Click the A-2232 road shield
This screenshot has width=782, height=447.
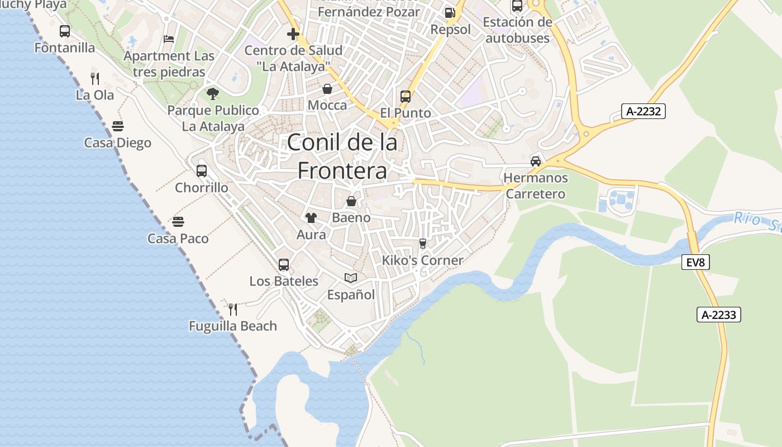click(x=643, y=111)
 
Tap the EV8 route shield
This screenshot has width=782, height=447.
click(x=695, y=262)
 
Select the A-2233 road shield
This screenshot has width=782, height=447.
click(x=718, y=315)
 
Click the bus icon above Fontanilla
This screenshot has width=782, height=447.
click(x=65, y=31)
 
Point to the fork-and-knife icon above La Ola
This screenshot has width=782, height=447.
click(x=95, y=78)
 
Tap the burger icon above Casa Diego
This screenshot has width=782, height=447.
click(x=117, y=126)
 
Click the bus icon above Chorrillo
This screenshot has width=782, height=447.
click(x=202, y=171)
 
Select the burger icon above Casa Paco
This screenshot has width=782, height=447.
click(x=178, y=222)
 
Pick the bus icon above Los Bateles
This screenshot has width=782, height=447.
click(x=284, y=265)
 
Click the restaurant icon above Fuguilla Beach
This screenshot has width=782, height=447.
click(x=233, y=309)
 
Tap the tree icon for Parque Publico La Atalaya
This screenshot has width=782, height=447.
click(x=213, y=94)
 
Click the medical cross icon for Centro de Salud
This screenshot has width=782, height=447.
click(x=293, y=35)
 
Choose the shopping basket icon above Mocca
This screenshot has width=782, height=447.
click(x=327, y=89)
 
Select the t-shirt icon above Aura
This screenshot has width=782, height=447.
click(x=311, y=218)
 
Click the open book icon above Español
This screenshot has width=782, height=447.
click(x=351, y=278)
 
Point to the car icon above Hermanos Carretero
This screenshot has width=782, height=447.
click(x=535, y=161)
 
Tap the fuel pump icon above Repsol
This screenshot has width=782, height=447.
click(x=450, y=13)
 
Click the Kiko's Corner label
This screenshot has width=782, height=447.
click(x=422, y=260)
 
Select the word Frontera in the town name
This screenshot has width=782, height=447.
click(x=342, y=170)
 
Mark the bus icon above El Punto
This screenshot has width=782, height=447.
click(x=406, y=97)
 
